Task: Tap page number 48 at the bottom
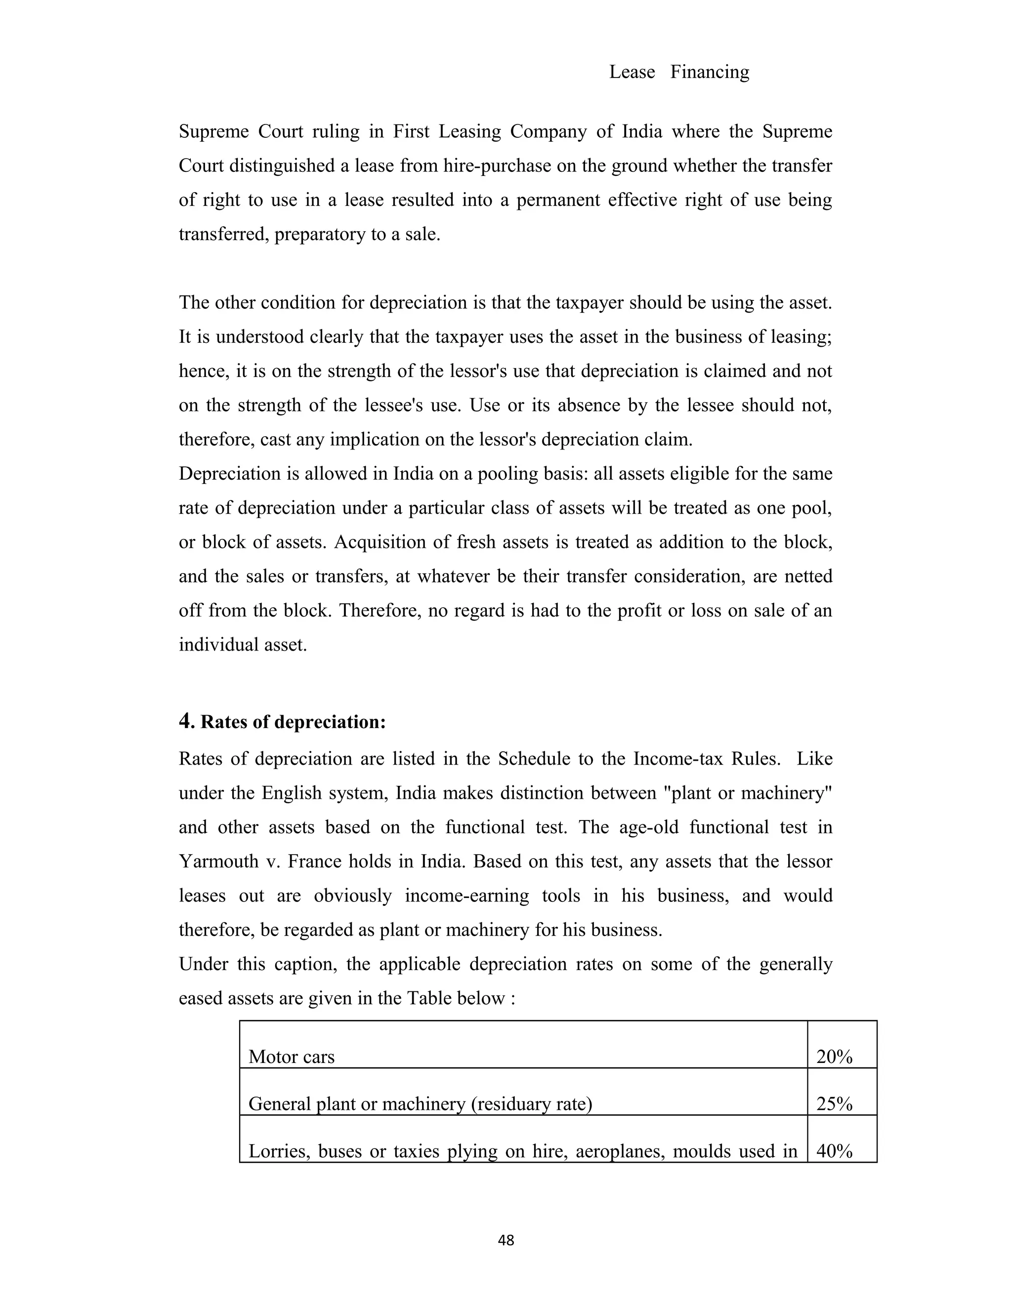tap(506, 1240)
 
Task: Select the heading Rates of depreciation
tap(293, 722)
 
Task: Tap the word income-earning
tap(466, 896)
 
